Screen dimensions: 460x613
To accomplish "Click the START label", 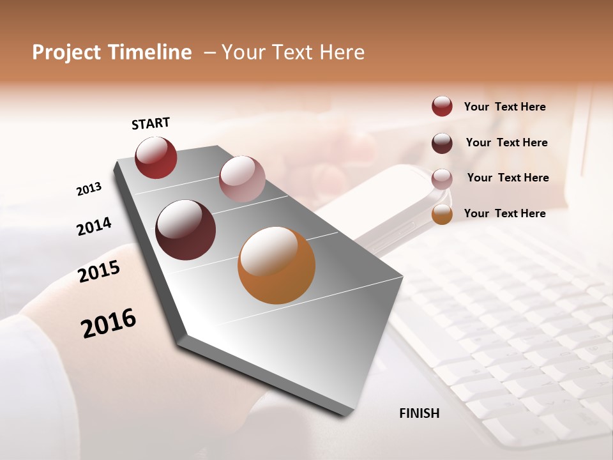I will [x=151, y=123].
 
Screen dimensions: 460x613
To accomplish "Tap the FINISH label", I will [x=419, y=413].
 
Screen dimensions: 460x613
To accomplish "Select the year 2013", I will [x=89, y=189].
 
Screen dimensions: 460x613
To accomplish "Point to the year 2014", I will [x=95, y=226].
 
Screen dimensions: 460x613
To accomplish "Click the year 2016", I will [x=109, y=323].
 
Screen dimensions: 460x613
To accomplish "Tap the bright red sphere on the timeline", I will [x=156, y=157].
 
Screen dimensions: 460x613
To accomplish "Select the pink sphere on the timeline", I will [x=242, y=178].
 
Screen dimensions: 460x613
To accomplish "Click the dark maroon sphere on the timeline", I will [x=185, y=230].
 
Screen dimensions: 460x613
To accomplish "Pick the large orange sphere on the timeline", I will [x=276, y=265].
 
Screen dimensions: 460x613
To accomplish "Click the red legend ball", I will [x=442, y=106].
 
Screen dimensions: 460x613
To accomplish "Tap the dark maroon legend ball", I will [x=442, y=142].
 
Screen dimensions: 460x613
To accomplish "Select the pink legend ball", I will [x=442, y=178].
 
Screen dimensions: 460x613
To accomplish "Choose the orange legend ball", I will [x=442, y=214].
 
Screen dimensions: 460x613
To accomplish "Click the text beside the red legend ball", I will [x=504, y=107].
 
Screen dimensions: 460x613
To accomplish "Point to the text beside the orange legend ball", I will [x=504, y=213].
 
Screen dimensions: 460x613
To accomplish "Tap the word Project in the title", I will [x=66, y=52].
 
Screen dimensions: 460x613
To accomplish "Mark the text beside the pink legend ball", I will [x=508, y=178].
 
